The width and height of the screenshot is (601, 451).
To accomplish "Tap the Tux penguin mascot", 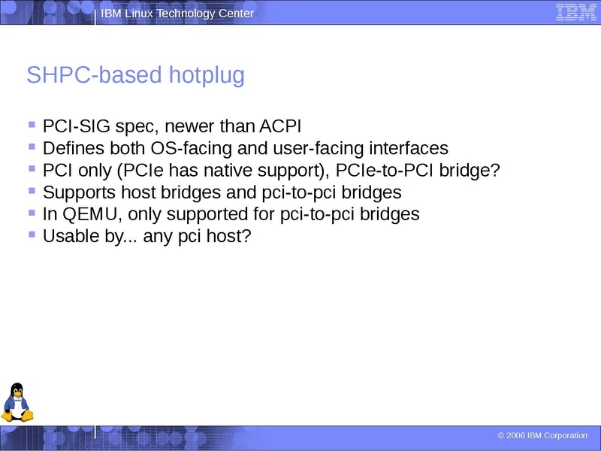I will (x=17, y=402).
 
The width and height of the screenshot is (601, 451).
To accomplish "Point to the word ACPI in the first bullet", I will (x=280, y=126).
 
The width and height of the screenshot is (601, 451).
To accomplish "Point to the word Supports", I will (x=79, y=192).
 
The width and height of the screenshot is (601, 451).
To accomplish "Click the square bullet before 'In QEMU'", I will (x=32, y=213).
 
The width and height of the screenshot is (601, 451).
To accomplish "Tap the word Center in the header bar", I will (x=236, y=14).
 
